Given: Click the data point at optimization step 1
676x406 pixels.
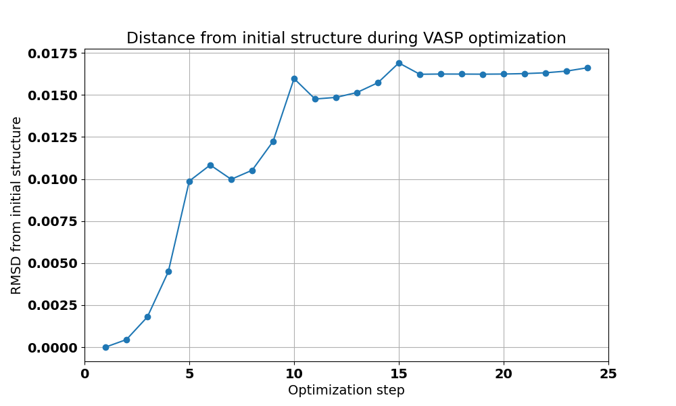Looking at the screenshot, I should point(105,347).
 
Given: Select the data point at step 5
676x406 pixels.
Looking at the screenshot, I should point(189,181).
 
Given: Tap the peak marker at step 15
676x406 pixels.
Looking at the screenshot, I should point(399,63).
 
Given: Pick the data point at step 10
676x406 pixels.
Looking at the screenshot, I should point(294,78).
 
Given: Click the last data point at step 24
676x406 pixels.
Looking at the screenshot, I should point(587,68).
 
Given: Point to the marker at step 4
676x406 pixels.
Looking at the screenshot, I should point(168,271).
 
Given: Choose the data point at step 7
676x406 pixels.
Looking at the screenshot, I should point(231,179).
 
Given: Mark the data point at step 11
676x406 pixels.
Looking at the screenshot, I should point(315,99).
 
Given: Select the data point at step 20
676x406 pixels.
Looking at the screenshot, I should point(504,74).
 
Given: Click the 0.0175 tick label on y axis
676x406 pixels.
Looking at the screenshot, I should point(53,53).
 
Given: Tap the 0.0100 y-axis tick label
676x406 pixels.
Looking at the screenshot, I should point(53,179).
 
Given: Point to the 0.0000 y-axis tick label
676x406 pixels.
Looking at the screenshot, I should point(53,347).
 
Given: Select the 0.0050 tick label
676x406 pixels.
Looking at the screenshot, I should point(53,263).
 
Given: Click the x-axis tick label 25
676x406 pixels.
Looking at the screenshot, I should point(608,374).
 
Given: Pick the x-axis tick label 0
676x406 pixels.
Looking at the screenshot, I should point(84,374).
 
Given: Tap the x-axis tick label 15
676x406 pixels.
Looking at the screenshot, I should point(399,374).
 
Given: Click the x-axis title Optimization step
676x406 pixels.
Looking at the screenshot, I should point(346,390).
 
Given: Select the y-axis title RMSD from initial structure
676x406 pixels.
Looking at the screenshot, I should point(17,205).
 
